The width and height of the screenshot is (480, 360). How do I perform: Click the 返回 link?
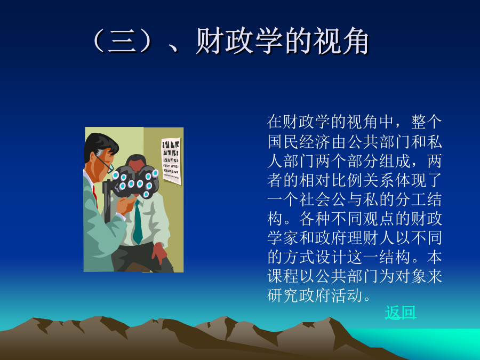click(x=401, y=313)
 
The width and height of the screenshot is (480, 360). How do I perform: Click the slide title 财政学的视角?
click(x=282, y=41)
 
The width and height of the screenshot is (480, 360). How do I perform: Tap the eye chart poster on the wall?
click(x=171, y=161)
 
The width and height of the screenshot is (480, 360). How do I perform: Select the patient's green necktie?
click(x=138, y=221)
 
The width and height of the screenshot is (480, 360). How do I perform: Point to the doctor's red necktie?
click(x=95, y=196)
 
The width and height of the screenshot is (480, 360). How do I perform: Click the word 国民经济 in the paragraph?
click(x=299, y=142)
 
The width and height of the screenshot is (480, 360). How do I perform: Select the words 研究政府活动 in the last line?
click(x=315, y=295)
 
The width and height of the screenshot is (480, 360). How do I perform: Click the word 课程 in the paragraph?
click(x=283, y=276)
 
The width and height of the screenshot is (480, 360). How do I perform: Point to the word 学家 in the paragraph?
click(x=283, y=237)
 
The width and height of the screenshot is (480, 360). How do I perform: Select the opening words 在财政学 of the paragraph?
click(x=299, y=122)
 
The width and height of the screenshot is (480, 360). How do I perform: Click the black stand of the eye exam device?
click(x=107, y=202)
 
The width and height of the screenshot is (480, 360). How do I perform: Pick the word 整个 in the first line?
click(x=426, y=122)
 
